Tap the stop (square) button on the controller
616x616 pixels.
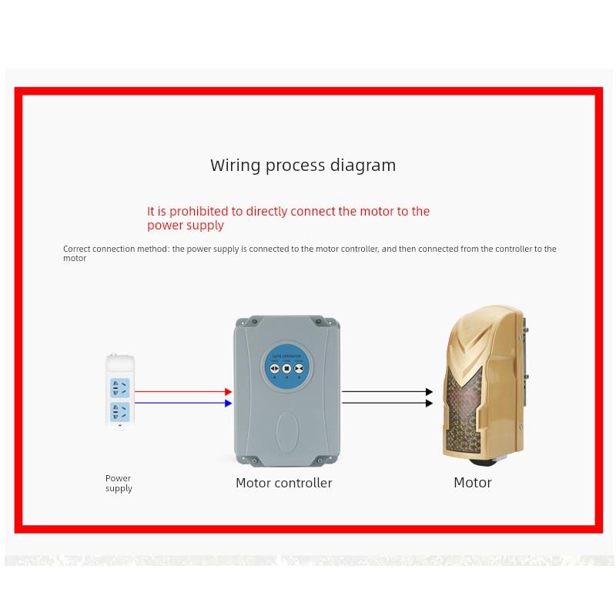click(x=286, y=369)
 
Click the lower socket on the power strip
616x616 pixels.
click(x=119, y=410)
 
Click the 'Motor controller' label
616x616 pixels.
click(x=283, y=484)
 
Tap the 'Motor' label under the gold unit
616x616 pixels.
click(x=472, y=483)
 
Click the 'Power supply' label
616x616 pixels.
click(x=119, y=484)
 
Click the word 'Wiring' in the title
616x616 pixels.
click(x=232, y=166)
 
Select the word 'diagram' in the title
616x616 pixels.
click(x=363, y=166)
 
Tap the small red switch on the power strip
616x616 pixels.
click(x=119, y=424)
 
